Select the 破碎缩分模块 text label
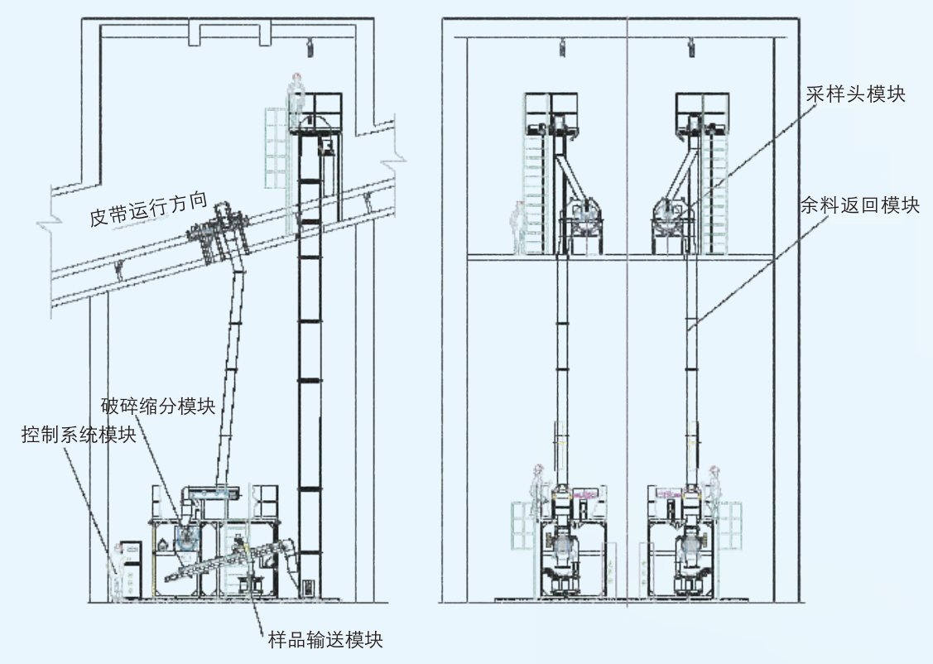[x=157, y=407]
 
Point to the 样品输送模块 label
[x=326, y=639]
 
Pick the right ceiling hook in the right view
[x=691, y=47]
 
